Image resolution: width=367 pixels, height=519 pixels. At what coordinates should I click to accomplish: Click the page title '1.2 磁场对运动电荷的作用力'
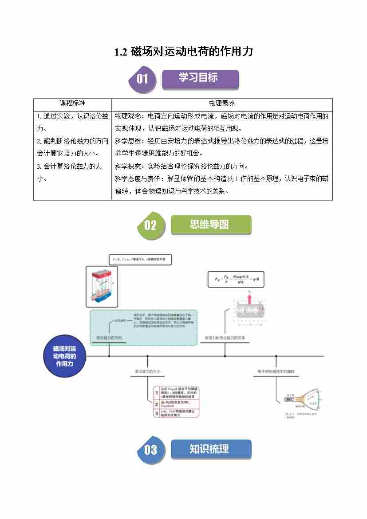pyautogui.click(x=183, y=52)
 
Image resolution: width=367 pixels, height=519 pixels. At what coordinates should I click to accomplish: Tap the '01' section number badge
pyautogui.click(x=142, y=79)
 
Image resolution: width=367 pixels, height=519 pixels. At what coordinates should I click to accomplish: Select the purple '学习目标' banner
pyautogui.click(x=200, y=78)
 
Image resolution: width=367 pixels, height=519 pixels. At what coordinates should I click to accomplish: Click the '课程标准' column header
pyautogui.click(x=72, y=103)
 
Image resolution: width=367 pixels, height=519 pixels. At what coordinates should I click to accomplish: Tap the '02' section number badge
pyautogui.click(x=150, y=225)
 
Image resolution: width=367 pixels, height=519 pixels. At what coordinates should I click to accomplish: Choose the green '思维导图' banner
pyautogui.click(x=210, y=225)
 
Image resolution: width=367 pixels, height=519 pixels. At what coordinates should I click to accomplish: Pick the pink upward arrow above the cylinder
pyautogui.click(x=250, y=297)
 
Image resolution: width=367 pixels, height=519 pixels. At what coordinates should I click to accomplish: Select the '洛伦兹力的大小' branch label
pyautogui.click(x=147, y=371)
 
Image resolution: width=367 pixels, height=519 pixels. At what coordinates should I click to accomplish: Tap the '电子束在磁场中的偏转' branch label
pyautogui.click(x=276, y=371)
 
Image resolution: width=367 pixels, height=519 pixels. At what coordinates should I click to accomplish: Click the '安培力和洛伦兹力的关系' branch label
pyautogui.click(x=225, y=337)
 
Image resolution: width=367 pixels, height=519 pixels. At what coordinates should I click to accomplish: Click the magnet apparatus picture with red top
pyautogui.click(x=102, y=287)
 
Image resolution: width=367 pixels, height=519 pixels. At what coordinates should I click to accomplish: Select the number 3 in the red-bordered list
pyautogui.click(x=157, y=413)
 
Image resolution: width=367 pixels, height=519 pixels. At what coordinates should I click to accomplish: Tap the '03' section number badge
pyautogui.click(x=150, y=450)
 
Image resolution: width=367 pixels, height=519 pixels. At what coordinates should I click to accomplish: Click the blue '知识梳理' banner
pyautogui.click(x=210, y=449)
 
